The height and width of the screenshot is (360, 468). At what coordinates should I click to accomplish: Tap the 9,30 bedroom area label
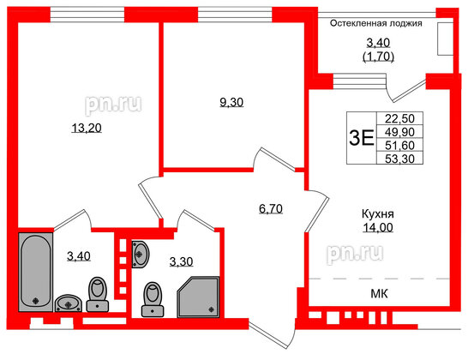pyautogui.click(x=231, y=102)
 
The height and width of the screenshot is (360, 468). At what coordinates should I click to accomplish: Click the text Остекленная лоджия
pyautogui.click(x=377, y=24)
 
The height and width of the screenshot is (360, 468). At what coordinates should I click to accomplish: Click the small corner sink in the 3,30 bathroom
pyautogui.click(x=142, y=254)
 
